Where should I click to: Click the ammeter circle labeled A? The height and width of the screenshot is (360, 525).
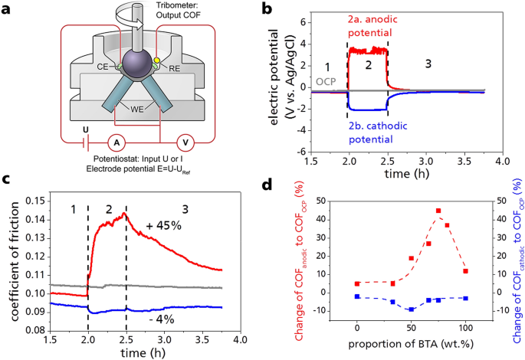click(116, 143)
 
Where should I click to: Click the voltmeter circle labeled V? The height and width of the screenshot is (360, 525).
click(185, 143)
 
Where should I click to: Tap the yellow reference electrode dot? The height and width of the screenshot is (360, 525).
click(156, 61)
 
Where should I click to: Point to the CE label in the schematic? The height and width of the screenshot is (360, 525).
click(103, 67)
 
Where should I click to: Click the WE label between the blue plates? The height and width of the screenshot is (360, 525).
click(137, 110)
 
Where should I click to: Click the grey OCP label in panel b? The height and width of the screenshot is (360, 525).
click(326, 82)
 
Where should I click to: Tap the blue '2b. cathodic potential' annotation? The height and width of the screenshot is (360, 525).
click(378, 133)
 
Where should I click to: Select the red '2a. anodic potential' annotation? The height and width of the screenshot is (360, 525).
click(372, 26)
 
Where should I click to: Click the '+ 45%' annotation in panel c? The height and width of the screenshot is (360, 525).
click(164, 226)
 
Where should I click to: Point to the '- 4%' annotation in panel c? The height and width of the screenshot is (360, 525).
click(162, 319)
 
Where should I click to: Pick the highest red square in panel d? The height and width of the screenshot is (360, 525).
click(438, 211)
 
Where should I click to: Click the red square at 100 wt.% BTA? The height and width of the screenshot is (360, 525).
click(465, 271)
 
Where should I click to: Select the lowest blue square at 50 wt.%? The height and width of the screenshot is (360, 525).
click(411, 309)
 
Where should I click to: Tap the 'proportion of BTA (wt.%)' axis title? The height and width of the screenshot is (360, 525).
click(411, 344)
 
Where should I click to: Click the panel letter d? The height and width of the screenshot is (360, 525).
click(267, 185)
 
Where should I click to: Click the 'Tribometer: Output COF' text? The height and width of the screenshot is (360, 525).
click(178, 11)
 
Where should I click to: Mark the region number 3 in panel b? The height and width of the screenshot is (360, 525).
click(428, 64)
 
